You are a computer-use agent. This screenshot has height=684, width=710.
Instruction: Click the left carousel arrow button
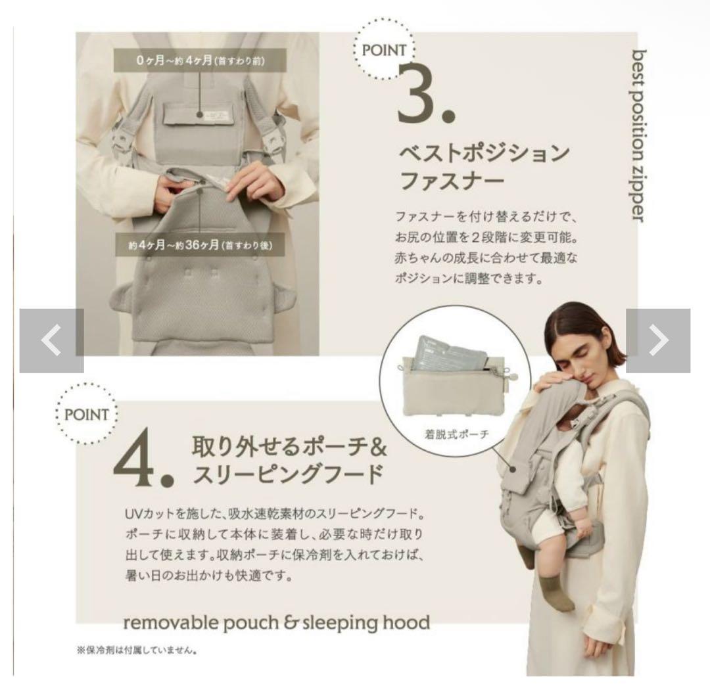point(52,340)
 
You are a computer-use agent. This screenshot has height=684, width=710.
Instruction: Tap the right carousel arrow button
point(658,340)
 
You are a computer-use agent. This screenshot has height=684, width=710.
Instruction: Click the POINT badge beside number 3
point(383,49)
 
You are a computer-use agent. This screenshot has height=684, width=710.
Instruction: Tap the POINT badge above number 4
point(86,414)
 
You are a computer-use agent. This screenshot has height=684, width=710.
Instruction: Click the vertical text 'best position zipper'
point(639,135)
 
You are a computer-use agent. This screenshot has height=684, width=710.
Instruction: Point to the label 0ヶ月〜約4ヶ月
point(200,60)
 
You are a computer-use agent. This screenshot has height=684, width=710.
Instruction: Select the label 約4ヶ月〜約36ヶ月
point(200,245)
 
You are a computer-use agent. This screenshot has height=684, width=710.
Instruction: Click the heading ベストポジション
point(484,153)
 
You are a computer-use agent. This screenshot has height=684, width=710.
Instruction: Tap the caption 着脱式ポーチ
point(456,434)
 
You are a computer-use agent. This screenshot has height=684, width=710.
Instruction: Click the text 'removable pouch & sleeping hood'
point(277,622)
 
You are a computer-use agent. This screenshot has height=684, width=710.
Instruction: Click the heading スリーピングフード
point(288,474)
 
